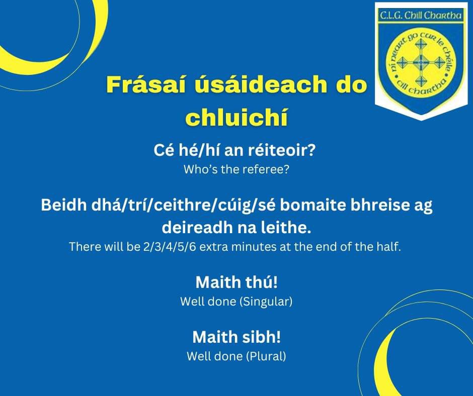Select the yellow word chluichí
(236, 118)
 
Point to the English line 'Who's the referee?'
(236, 170)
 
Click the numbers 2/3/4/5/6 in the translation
(170, 247)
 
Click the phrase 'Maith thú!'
(236, 282)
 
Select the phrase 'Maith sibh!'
(236, 337)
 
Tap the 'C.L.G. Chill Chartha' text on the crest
(421, 16)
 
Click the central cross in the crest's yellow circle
(421, 63)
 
